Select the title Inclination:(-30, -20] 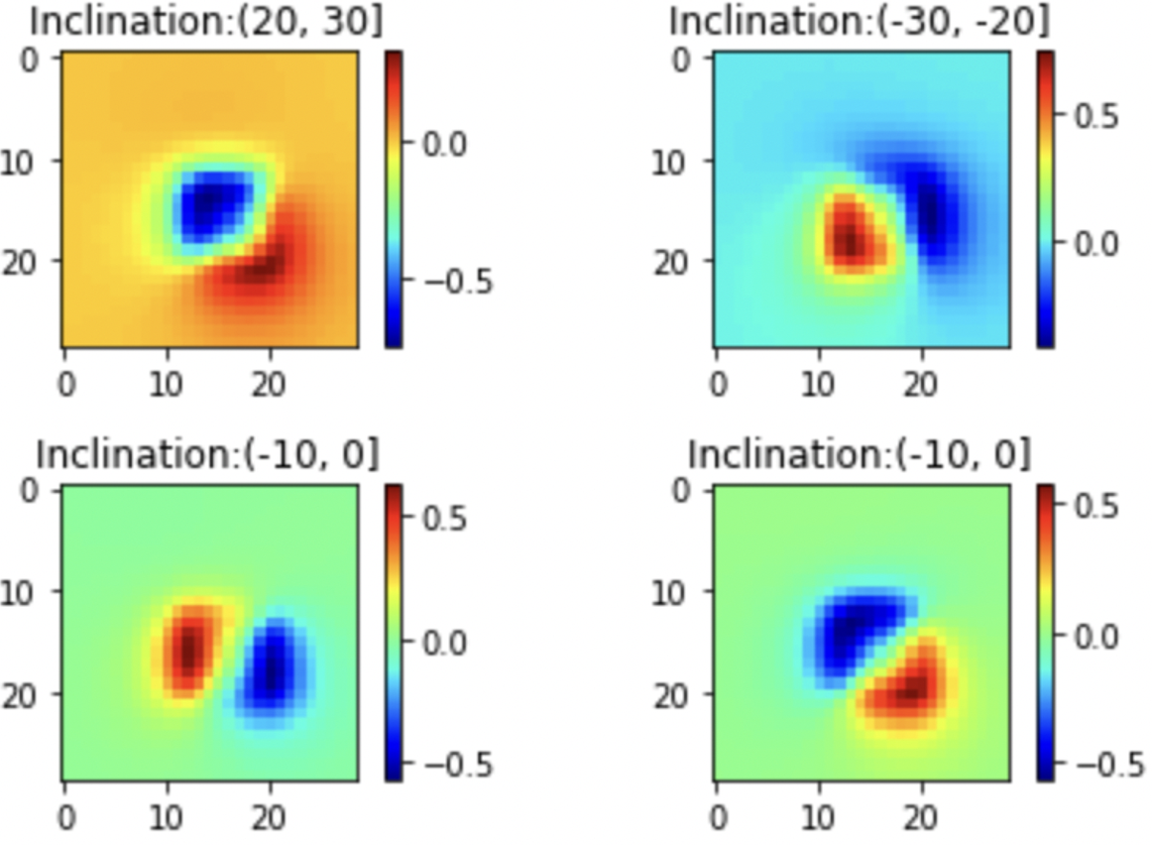point(859,21)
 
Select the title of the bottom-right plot point(859,454)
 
